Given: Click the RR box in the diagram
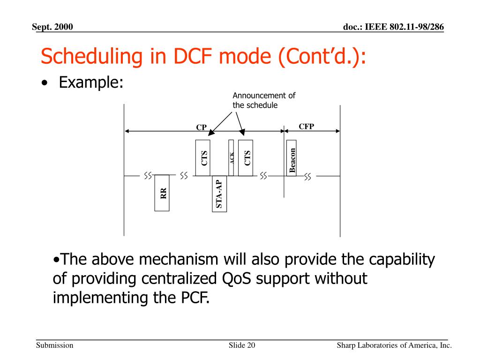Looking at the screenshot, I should (x=162, y=193).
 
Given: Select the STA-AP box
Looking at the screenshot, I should (x=219, y=194).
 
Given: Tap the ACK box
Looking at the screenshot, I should (x=231, y=157).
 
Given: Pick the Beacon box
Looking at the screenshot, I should (x=292, y=158).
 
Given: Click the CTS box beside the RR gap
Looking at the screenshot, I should (x=202, y=157).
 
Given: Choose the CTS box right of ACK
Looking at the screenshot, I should (x=245, y=157).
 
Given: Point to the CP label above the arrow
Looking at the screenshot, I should (x=201, y=127).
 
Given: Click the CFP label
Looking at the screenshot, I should (x=306, y=126).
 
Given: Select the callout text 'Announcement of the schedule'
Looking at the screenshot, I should (x=264, y=100).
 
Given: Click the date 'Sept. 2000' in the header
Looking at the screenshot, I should (x=52, y=27).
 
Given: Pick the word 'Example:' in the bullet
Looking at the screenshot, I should (x=91, y=83).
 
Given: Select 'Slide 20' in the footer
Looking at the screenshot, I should (x=242, y=346).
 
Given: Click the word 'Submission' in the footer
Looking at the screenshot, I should (x=55, y=346).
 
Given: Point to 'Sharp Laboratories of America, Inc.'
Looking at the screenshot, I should (x=394, y=346).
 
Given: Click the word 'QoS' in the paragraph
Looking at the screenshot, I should (x=236, y=278).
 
